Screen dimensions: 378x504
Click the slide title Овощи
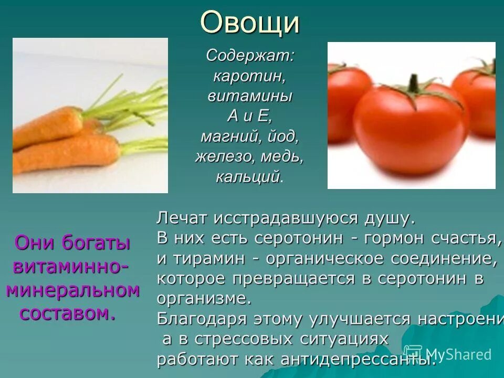point(250,23)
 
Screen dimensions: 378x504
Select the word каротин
point(249,76)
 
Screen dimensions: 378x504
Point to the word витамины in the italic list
point(250,96)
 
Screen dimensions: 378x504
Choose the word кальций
point(247,176)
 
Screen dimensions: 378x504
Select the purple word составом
point(67,313)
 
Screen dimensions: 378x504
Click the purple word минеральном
point(73,290)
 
